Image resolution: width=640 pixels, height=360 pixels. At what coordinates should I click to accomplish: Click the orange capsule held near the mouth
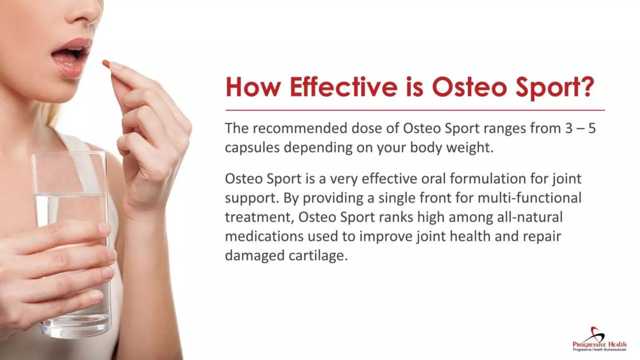coord(107,64)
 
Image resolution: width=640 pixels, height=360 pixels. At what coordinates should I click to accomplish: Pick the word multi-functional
coord(529,198)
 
